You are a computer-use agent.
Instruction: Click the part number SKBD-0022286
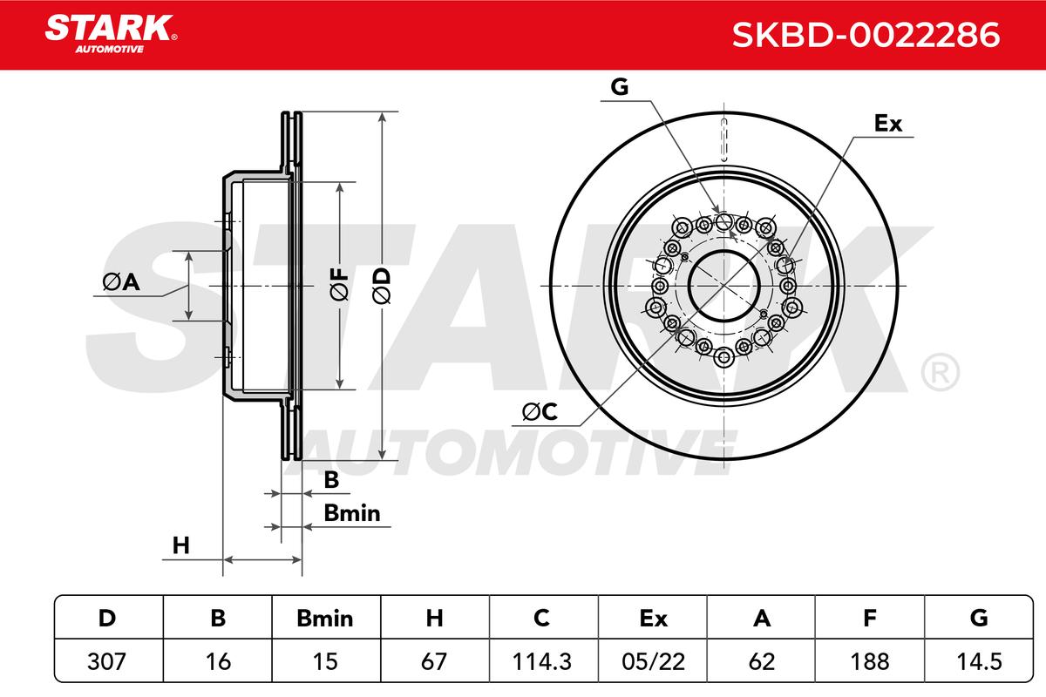866,35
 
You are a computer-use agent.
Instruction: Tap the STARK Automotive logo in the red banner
111,34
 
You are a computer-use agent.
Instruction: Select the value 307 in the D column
106,661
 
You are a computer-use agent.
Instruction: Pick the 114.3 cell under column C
541,661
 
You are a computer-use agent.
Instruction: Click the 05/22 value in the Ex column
653,661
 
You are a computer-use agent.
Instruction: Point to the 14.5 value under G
979,661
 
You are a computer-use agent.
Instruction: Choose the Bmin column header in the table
325,619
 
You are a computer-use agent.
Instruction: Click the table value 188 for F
870,661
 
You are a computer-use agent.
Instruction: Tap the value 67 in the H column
434,661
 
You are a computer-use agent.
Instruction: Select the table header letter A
762,619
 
